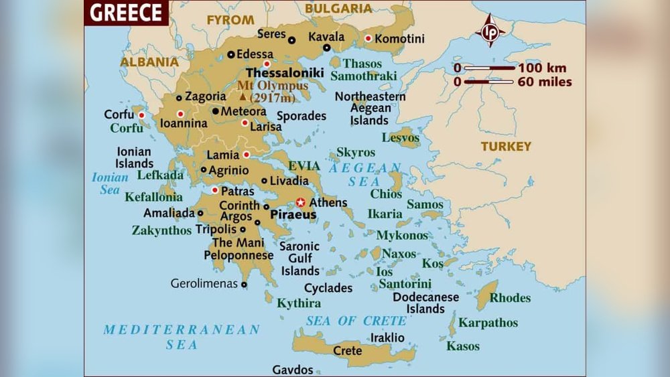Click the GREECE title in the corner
click(x=125, y=12)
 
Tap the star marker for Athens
click(x=301, y=202)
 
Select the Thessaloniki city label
click(x=284, y=72)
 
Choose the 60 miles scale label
click(x=545, y=82)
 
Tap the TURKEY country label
click(x=506, y=146)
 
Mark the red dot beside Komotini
click(x=368, y=38)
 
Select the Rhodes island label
click(x=510, y=298)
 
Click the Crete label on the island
click(x=347, y=350)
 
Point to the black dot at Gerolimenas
click(x=244, y=284)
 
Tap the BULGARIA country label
click(x=338, y=9)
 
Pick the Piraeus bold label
click(x=293, y=216)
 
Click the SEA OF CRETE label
click(x=356, y=321)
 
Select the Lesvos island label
click(x=401, y=137)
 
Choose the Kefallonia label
click(x=153, y=197)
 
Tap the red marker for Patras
click(x=214, y=190)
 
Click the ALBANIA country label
click(x=149, y=62)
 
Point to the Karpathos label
click(x=488, y=323)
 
